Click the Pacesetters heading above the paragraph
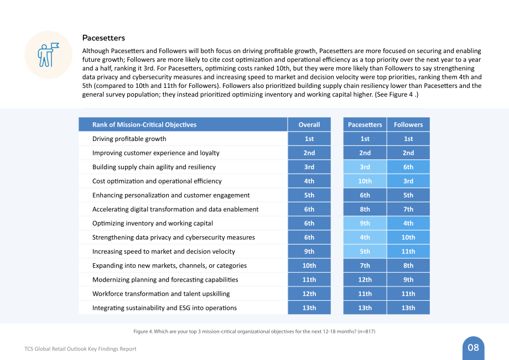click(103, 38)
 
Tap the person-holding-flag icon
click(48, 55)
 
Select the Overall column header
click(309, 124)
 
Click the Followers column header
click(408, 124)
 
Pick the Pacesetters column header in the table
click(365, 124)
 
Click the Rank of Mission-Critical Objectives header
click(144, 124)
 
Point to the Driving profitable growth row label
click(129, 139)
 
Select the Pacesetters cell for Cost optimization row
click(365, 181)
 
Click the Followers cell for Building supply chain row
click(408, 167)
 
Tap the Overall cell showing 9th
click(309, 252)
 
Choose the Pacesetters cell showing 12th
click(365, 280)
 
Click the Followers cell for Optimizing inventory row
click(408, 223)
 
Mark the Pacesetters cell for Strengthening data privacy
click(365, 237)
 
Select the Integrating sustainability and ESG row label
click(164, 308)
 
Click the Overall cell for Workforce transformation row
click(309, 294)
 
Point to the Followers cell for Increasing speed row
click(408, 252)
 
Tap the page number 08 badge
click(473, 348)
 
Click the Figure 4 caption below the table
click(254, 331)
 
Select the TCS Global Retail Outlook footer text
click(80, 349)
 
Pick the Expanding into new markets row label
click(169, 265)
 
